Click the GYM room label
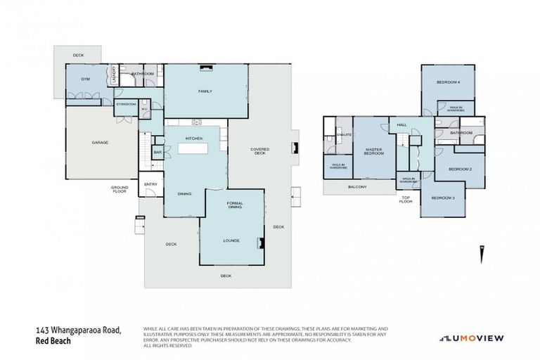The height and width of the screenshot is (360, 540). (x=84, y=79)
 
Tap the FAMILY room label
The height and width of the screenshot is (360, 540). (x=205, y=91)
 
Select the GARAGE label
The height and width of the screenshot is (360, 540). (x=100, y=143)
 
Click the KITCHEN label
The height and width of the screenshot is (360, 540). (x=194, y=139)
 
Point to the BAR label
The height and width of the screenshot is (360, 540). (x=157, y=152)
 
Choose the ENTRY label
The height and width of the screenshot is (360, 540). (x=150, y=184)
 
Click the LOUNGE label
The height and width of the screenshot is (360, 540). (x=232, y=240)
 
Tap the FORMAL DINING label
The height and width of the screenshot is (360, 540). (x=235, y=205)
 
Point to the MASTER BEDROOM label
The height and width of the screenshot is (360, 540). (x=374, y=151)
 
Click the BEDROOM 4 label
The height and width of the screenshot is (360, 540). (x=448, y=82)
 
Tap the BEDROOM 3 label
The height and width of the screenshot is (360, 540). (x=443, y=198)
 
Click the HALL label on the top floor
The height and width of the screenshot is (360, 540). (x=402, y=124)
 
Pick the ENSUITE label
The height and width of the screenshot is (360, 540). (x=345, y=134)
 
